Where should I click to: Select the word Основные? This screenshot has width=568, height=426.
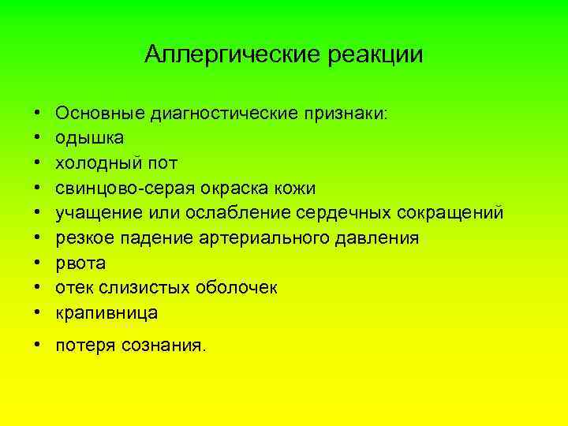tap(94, 113)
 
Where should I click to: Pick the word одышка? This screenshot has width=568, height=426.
tap(89, 138)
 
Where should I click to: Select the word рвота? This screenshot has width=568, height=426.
tap(80, 263)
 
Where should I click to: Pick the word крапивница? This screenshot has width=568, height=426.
tap(106, 313)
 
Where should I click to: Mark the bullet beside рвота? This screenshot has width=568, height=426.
tap(39, 263)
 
